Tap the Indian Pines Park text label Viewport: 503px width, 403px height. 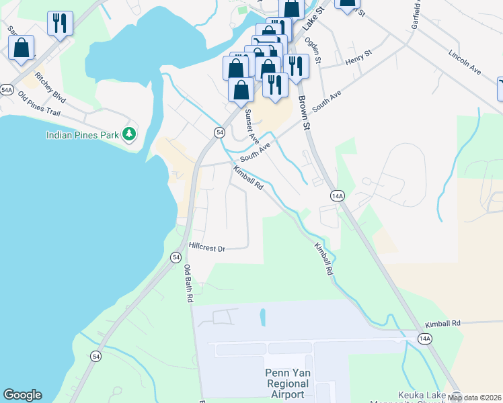point(83,135)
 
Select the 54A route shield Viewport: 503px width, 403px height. point(7,89)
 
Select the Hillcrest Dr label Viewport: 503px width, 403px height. point(206,248)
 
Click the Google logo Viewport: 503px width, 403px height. point(22,395)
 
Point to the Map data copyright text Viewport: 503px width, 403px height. point(474,398)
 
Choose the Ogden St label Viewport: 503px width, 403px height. point(314,50)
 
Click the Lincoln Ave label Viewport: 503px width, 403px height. point(467,61)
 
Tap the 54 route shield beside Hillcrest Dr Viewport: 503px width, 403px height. point(176,257)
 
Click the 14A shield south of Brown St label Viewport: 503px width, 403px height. point(338,195)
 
